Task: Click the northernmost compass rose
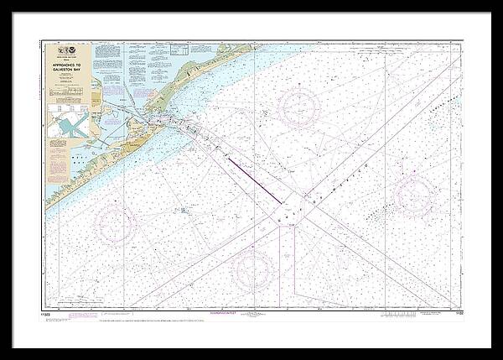298,107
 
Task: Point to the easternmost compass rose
414,195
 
